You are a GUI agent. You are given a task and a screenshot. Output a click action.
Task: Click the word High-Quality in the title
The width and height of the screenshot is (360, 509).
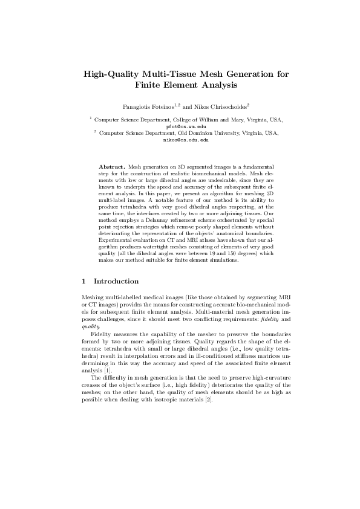pyautogui.click(x=112, y=75)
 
